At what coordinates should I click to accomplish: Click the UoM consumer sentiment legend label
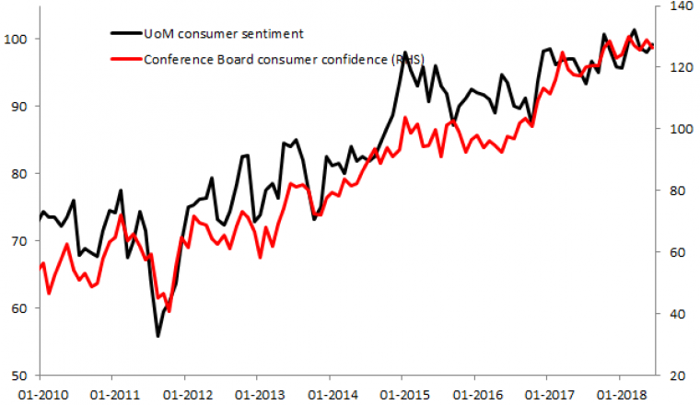pos(224,34)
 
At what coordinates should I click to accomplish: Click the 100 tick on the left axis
pos(18,39)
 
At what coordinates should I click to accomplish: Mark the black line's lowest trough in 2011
pos(157,336)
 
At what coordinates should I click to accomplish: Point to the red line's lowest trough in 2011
pos(169,311)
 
